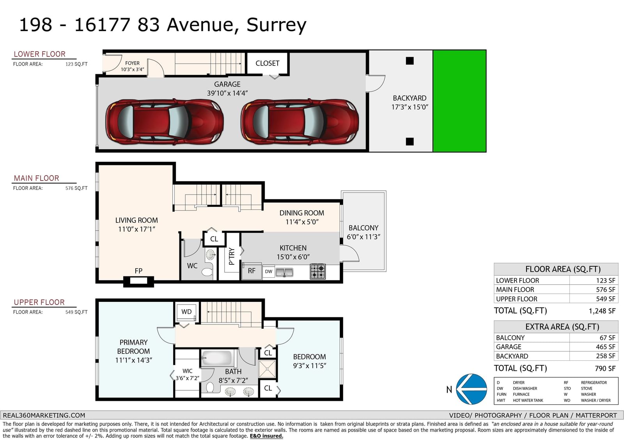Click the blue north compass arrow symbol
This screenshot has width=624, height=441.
tap(472, 389)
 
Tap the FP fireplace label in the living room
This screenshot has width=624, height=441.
tap(138, 271)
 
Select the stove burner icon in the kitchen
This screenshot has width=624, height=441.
tap(317, 271)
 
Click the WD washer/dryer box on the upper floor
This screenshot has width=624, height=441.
tap(186, 312)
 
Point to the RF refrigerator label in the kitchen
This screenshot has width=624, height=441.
tap(252, 271)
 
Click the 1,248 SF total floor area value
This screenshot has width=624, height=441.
tap(602, 311)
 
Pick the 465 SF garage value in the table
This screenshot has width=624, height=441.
tap(605, 347)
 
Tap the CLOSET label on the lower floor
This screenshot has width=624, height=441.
tap(268, 63)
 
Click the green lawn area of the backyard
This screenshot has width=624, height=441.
tap(460, 101)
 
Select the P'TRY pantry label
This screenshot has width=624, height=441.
tap(232, 256)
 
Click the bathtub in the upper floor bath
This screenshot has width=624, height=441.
tap(217, 358)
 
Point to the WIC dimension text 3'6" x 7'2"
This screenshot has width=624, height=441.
tap(187, 378)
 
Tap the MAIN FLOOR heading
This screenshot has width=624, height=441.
tap(37, 178)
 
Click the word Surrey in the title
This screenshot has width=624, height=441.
tap(277, 25)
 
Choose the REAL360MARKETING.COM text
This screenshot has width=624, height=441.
tap(44, 415)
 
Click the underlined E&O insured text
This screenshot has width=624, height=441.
tap(266, 436)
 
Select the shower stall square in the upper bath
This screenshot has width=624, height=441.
tap(267, 369)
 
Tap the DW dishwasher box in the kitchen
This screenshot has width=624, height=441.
tap(269, 271)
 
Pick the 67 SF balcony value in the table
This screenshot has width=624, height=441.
tap(607, 338)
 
